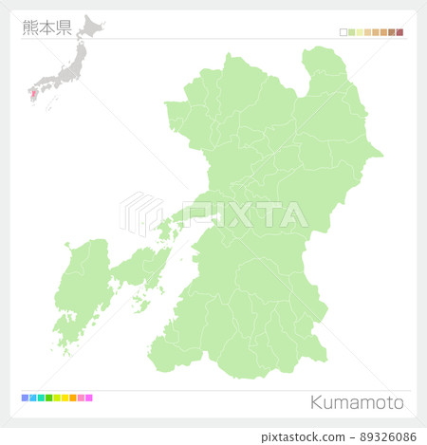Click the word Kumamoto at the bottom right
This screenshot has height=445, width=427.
point(356,402)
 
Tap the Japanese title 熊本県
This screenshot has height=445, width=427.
point(46,27)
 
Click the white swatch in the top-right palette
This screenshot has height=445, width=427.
point(343,32)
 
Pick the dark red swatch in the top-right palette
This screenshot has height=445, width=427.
point(400,32)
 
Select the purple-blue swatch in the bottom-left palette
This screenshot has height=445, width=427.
point(25,398)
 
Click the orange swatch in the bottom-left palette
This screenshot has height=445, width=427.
point(73,398)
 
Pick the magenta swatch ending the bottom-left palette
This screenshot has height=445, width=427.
point(89,398)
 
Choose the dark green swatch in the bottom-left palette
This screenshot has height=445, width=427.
point(48,398)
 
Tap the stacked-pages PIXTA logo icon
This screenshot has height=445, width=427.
point(139,213)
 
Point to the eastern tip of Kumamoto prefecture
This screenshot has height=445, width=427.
point(380,152)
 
